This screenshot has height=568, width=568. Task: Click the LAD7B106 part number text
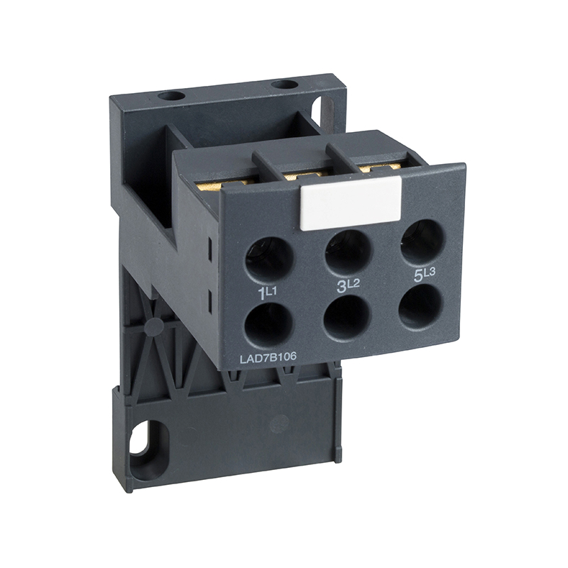[x=268, y=357]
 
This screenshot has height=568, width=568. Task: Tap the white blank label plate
[x=350, y=204]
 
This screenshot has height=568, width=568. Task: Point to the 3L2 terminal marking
[x=348, y=285]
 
